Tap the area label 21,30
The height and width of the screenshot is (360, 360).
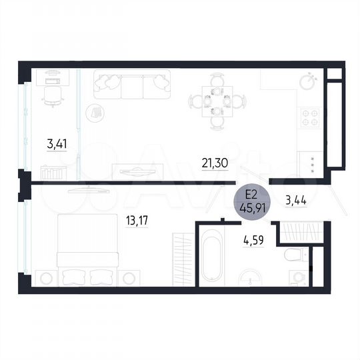215,160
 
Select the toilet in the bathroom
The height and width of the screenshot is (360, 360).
293,257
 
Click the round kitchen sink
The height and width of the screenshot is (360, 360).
307,83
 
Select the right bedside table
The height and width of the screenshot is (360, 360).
130,276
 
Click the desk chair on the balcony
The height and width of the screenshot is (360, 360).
51,95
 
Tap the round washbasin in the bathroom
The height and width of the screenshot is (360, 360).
250,279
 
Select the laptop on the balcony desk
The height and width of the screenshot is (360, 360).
53,80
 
